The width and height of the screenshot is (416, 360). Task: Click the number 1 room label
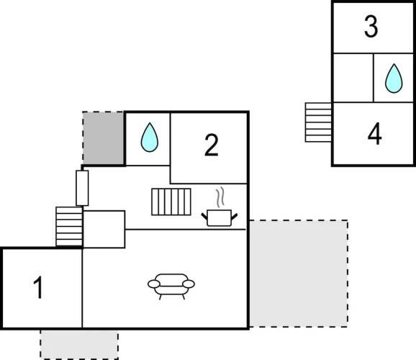pos(38,287)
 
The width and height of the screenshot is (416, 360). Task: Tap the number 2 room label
pos(212,145)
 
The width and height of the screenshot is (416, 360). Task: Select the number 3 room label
pos(371,27)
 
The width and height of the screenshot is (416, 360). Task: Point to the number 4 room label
pos(374,134)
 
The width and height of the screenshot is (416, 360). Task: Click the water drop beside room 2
pos(150,138)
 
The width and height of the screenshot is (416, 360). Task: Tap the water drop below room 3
pos(394,78)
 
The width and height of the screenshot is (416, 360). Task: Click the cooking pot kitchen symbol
pos(219,218)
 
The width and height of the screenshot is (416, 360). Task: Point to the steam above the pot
pos(220,197)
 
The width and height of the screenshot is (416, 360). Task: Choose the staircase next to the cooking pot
pos(171,202)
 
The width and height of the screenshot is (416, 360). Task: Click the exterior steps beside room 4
pos(318,122)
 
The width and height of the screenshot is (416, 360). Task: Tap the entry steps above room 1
pos(69,227)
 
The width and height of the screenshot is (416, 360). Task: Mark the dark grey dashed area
pos(103,138)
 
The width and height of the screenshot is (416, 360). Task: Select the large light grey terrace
pos(298,274)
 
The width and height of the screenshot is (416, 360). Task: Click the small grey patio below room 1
pos(79,344)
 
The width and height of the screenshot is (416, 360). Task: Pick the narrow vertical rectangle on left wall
pos(82,188)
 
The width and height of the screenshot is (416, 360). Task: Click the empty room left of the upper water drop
pos(353,78)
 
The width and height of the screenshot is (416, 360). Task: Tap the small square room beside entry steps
pos(104,230)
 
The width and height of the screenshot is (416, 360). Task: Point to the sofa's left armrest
pos(154,284)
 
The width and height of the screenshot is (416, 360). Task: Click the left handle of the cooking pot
pos(204,216)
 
